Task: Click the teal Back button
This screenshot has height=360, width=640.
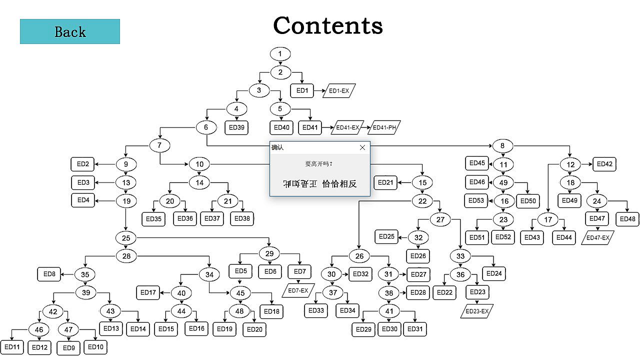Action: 70,31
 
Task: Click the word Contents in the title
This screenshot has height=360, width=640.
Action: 328,25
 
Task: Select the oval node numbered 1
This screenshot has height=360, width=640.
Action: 280,53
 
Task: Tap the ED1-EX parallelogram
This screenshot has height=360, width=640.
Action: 339,91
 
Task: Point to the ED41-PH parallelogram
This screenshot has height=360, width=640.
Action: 384,127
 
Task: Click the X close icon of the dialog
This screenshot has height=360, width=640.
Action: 362,147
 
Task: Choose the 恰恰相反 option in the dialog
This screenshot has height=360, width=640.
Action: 339,183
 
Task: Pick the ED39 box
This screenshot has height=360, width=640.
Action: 236,127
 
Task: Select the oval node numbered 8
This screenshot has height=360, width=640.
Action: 503,146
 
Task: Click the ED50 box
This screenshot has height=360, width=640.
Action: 528,201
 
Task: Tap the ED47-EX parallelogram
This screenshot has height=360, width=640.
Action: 598,237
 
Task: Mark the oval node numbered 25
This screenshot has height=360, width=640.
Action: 125,237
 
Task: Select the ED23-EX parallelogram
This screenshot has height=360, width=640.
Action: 477,311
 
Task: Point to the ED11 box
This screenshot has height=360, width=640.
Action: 11,347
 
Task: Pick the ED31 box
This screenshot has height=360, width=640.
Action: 415,329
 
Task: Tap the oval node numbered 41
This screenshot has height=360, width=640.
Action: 389,311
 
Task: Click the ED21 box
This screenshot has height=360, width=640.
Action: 385,182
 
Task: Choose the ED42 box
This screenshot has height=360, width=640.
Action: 604,163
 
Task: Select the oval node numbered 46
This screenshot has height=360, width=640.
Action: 38,329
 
